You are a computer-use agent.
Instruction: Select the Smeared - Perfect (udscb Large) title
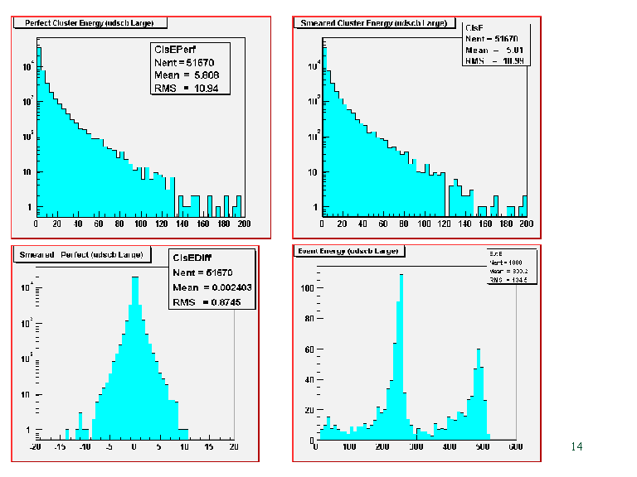click(80, 254)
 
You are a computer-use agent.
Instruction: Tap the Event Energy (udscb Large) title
click(349, 251)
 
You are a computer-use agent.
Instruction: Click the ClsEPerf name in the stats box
click(175, 50)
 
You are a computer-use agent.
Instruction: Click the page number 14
click(577, 447)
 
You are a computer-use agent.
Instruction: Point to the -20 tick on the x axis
click(35, 447)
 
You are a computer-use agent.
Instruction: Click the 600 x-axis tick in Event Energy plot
click(515, 447)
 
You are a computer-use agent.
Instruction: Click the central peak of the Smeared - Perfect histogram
click(133, 279)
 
